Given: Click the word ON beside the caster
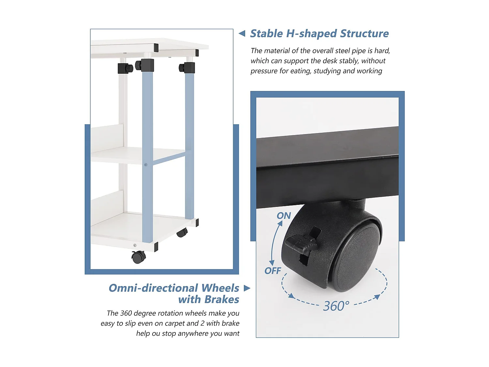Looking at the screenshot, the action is pos(284,216).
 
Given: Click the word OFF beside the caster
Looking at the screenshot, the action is pos(273,271).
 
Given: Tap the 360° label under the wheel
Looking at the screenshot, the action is pos(336,306).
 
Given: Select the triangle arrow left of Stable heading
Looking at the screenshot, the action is pos(242,33).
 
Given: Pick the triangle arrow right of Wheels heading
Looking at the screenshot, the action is pos(247,288).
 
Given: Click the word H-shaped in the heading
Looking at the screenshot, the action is pos(311,34).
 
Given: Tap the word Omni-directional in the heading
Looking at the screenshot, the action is pos(153,288).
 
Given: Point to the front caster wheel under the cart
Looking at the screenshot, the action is pos(139,257).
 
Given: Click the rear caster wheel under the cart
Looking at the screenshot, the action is pos(182,233).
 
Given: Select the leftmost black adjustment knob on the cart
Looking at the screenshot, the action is pos(125,68).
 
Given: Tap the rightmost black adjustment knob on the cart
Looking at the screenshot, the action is pos(187,68).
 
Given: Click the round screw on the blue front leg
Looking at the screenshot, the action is pos(146,165).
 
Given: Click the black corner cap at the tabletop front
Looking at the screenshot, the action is pos(156,47).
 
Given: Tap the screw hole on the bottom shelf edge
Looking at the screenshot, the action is pos(135,245).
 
